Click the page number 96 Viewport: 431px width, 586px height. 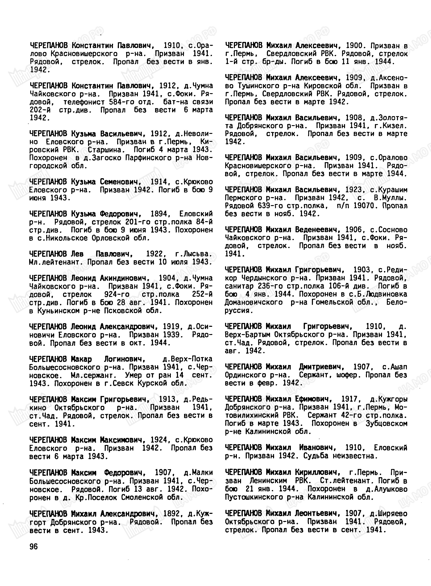(x=34, y=547)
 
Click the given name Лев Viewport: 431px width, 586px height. (x=77, y=254)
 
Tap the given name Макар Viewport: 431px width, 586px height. (x=81, y=359)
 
